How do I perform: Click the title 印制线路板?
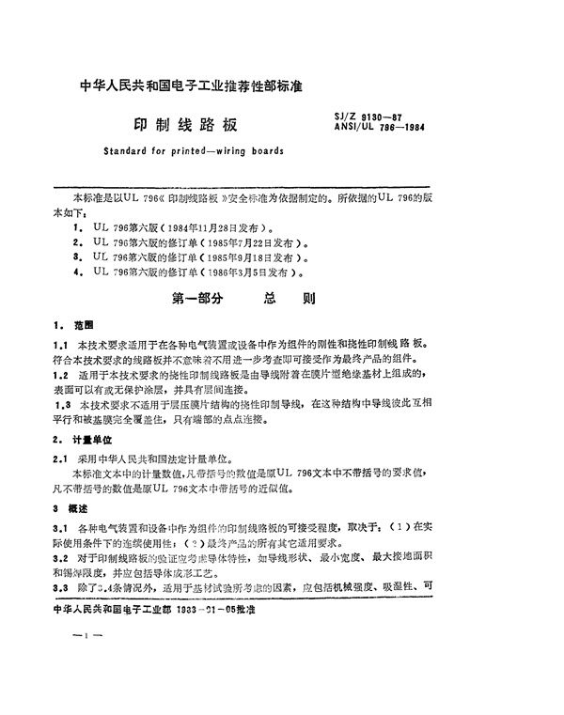(187, 124)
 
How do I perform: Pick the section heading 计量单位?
(87, 439)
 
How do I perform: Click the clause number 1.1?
(60, 346)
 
